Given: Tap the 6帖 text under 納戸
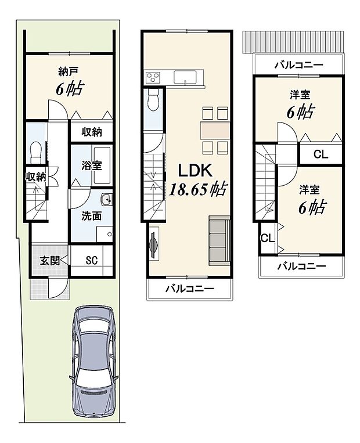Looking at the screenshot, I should [x=69, y=88].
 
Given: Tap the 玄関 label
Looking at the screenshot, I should [x=49, y=260].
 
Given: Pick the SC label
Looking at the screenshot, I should [x=91, y=260].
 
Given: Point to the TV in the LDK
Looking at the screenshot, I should [x=154, y=244].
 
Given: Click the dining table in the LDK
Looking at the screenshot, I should [x=215, y=130].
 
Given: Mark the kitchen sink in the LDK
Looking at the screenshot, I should [x=186, y=77].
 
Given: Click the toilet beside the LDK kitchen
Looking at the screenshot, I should [x=153, y=100].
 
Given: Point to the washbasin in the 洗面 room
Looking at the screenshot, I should [x=106, y=201].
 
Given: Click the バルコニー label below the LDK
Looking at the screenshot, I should [x=189, y=288].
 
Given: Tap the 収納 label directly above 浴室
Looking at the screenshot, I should [x=91, y=132].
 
